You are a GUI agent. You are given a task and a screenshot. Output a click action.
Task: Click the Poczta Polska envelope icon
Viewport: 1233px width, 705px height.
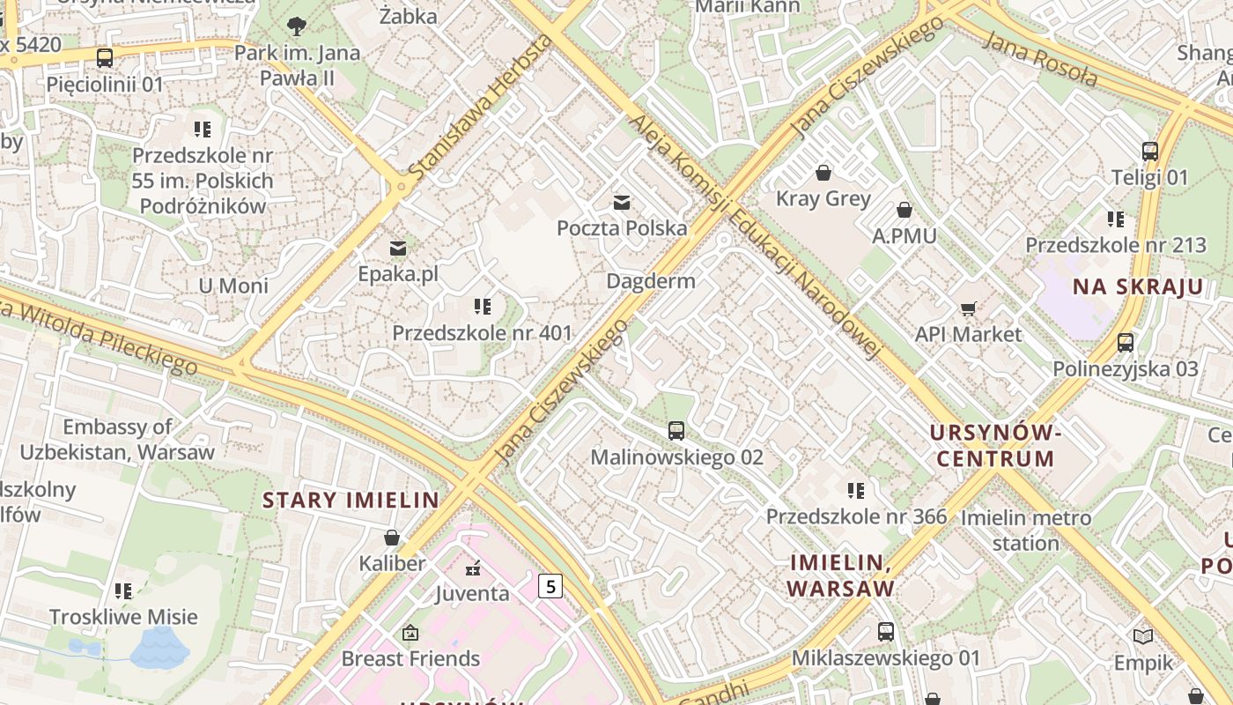(x=622, y=203)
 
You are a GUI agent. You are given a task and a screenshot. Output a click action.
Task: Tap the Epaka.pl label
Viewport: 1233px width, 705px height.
(x=397, y=274)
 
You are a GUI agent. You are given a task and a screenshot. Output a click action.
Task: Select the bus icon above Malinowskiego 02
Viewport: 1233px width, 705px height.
(x=676, y=431)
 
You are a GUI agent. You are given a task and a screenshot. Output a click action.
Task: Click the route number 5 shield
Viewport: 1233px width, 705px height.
(x=550, y=585)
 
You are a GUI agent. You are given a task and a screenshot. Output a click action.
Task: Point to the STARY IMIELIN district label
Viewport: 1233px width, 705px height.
(x=351, y=501)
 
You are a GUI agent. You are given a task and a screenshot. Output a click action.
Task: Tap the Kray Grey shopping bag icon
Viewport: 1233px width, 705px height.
(x=823, y=173)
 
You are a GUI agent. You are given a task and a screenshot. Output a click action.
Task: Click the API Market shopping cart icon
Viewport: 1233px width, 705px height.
(x=968, y=308)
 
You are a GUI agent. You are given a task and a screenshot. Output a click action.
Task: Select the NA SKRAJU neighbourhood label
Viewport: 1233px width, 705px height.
(x=1137, y=286)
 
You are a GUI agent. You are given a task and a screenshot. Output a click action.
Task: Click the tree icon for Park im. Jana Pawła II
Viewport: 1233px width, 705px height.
(x=297, y=26)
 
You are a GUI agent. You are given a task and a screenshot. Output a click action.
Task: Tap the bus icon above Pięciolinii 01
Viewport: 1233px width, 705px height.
(x=105, y=59)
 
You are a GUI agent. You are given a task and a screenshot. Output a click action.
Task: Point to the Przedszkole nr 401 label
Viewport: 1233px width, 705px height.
(x=482, y=333)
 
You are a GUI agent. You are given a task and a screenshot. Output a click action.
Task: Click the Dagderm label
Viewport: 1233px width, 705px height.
(x=651, y=281)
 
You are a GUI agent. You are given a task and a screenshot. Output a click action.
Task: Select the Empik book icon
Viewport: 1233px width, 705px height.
(x=1142, y=636)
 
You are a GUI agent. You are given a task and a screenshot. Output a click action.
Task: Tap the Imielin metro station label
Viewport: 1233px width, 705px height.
(x=1025, y=530)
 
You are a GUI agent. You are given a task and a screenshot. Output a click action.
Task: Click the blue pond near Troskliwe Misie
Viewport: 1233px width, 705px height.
(x=159, y=649)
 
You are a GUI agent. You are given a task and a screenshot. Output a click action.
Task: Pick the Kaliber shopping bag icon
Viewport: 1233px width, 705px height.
(x=392, y=537)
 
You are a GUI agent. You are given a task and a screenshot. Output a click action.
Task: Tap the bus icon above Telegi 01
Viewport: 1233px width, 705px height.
(x=1149, y=151)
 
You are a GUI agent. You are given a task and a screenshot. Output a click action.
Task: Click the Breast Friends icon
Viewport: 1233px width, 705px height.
(x=410, y=633)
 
